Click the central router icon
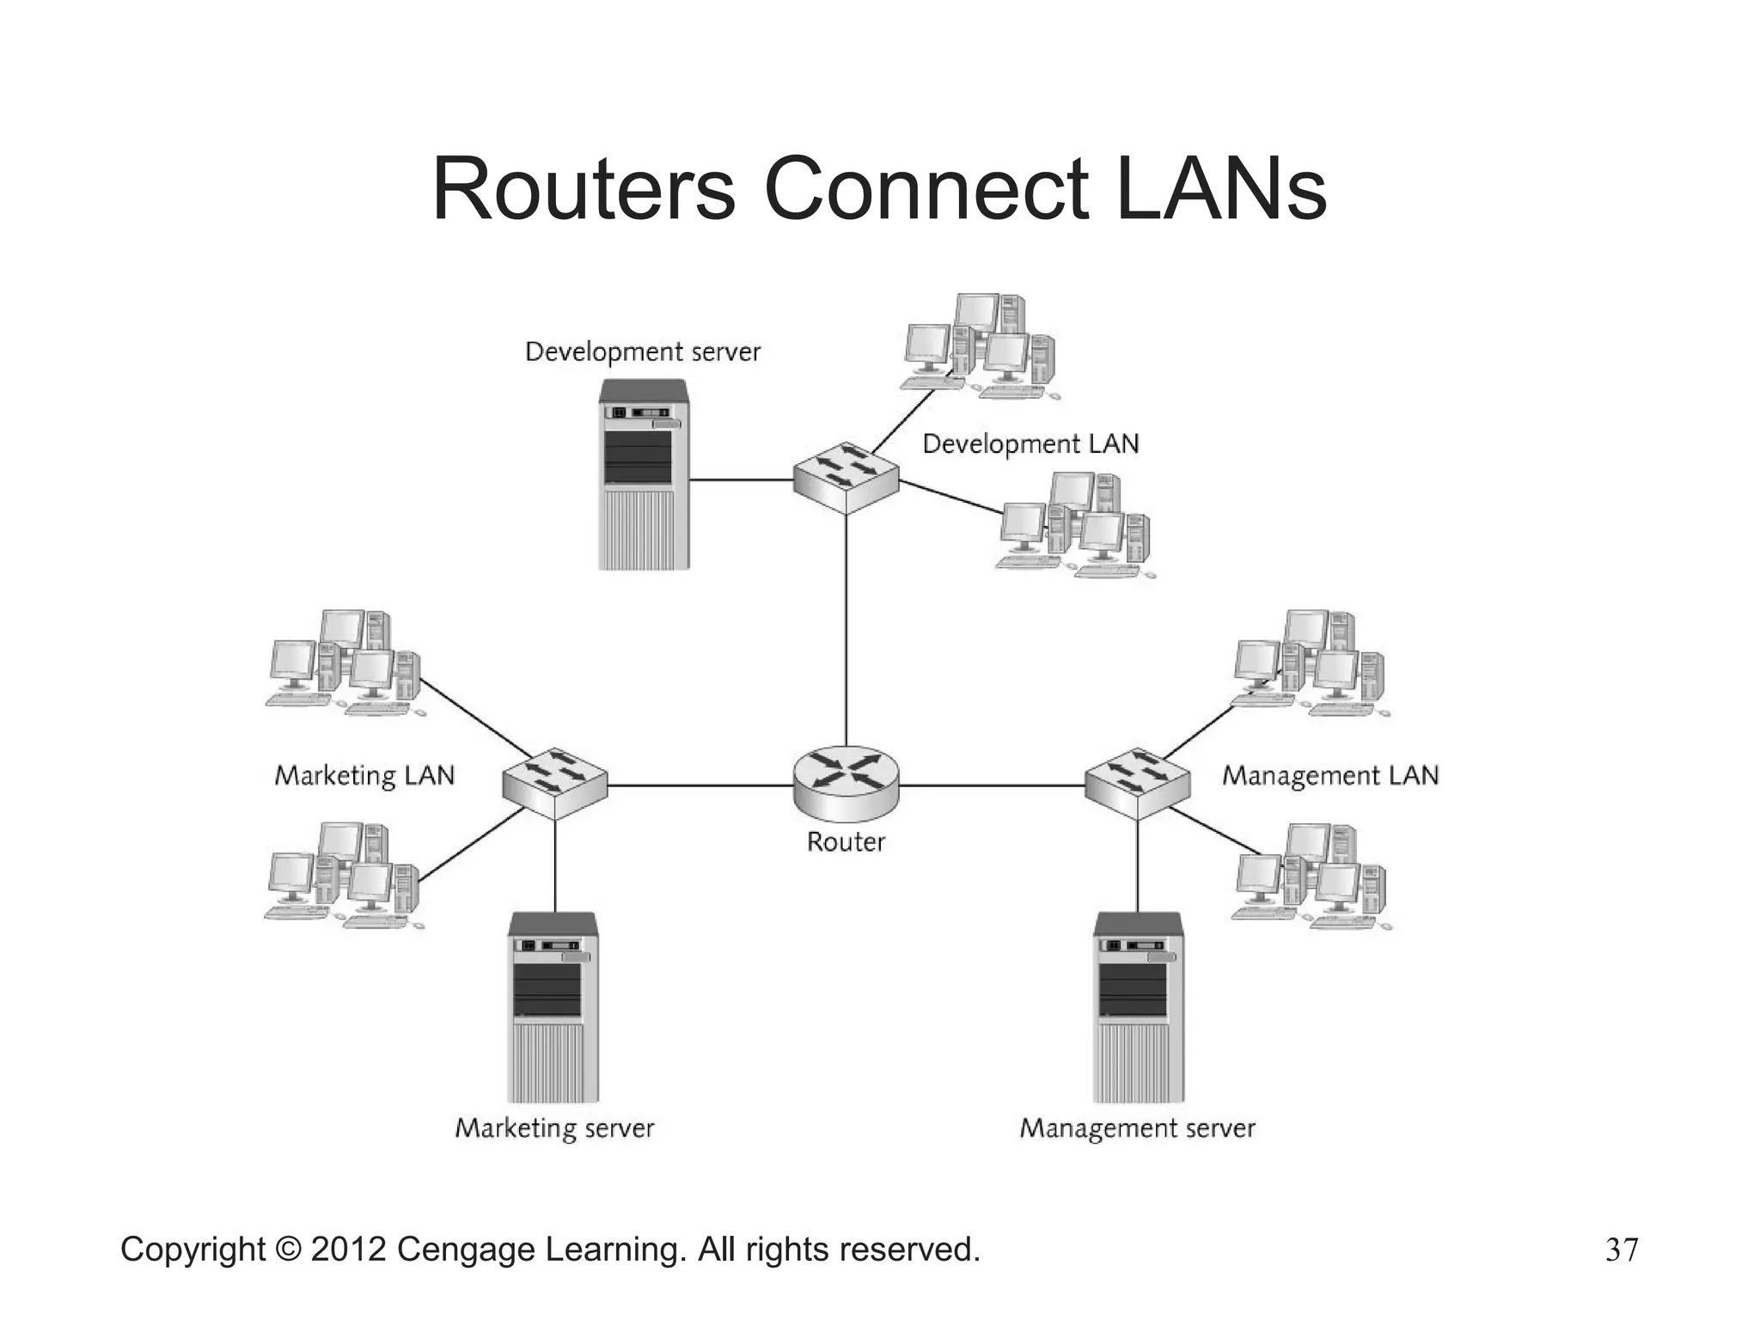[x=846, y=780]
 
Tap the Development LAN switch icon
[x=846, y=478]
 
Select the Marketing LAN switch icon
[x=555, y=782]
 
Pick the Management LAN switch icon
[x=1137, y=782]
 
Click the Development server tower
[x=644, y=474]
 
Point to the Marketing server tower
[x=553, y=1007]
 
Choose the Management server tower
[x=1138, y=1007]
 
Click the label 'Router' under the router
[x=846, y=841]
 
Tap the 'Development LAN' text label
[x=1030, y=443]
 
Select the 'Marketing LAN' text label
[x=364, y=775]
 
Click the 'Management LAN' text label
[x=1330, y=775]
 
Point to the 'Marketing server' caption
[x=554, y=1127]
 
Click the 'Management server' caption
[x=1137, y=1127]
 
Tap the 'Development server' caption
[x=643, y=351]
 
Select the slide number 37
[x=1622, y=1250]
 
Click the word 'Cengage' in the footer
[x=467, y=1249]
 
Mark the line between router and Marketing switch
[x=700, y=785]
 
